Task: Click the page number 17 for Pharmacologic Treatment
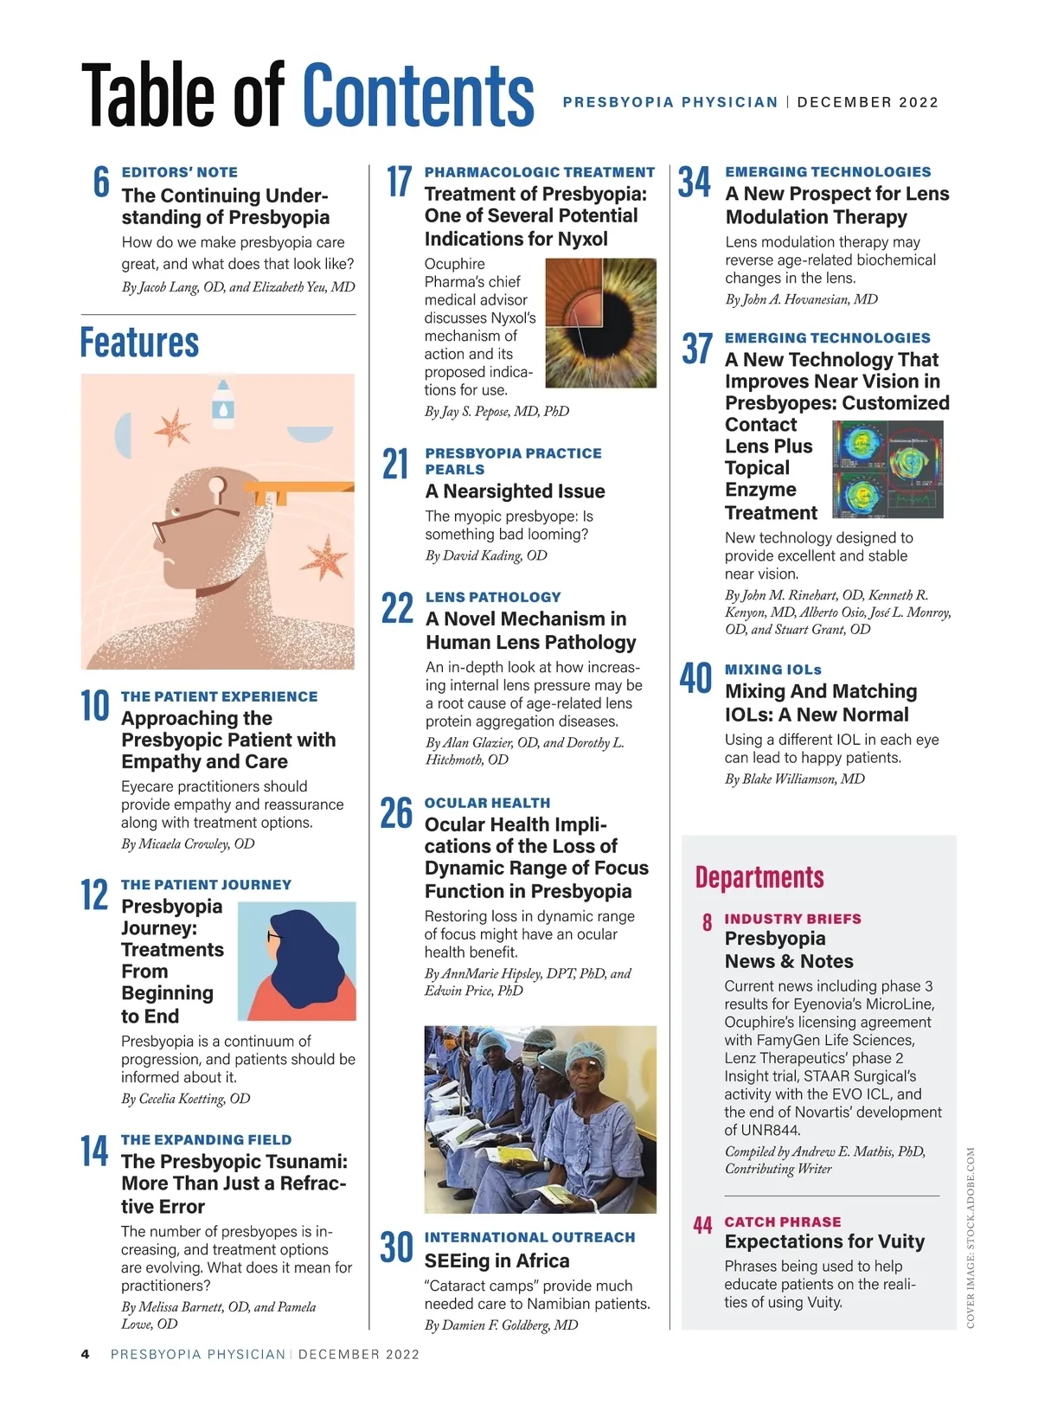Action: click(x=399, y=182)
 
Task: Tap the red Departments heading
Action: click(x=759, y=877)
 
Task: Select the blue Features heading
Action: click(x=139, y=343)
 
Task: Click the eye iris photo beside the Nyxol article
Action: click(x=600, y=324)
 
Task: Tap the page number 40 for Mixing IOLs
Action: click(x=695, y=679)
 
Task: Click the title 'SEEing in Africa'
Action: click(x=497, y=1260)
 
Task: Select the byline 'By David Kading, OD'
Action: click(x=486, y=555)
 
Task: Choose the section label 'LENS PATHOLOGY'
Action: click(x=493, y=597)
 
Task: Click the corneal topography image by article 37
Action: click(x=887, y=469)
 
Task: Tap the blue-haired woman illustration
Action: click(x=297, y=960)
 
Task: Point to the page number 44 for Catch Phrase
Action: click(x=702, y=1225)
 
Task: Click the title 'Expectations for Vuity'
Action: click(x=824, y=1241)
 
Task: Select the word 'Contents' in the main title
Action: click(x=419, y=95)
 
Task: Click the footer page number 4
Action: click(x=85, y=1354)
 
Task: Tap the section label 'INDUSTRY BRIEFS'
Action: click(x=792, y=919)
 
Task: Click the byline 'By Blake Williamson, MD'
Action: click(x=794, y=779)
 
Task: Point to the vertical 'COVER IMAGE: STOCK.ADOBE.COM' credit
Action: click(x=971, y=1237)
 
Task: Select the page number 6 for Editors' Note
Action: click(x=101, y=182)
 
